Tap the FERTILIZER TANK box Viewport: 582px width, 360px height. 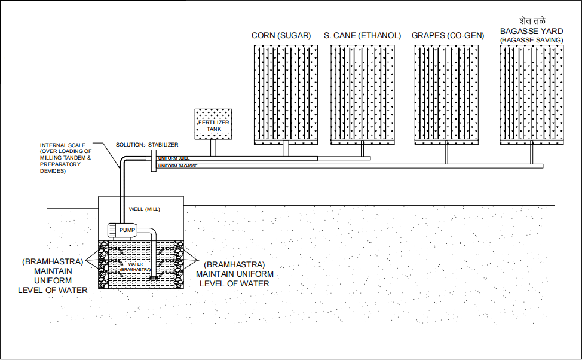click(213, 124)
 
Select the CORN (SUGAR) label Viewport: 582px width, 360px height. click(281, 36)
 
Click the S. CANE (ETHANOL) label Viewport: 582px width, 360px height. click(362, 36)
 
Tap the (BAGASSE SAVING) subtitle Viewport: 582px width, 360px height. click(532, 40)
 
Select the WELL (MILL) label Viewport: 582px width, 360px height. click(145, 210)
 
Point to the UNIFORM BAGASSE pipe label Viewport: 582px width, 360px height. click(177, 166)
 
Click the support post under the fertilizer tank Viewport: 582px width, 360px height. click(213, 148)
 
